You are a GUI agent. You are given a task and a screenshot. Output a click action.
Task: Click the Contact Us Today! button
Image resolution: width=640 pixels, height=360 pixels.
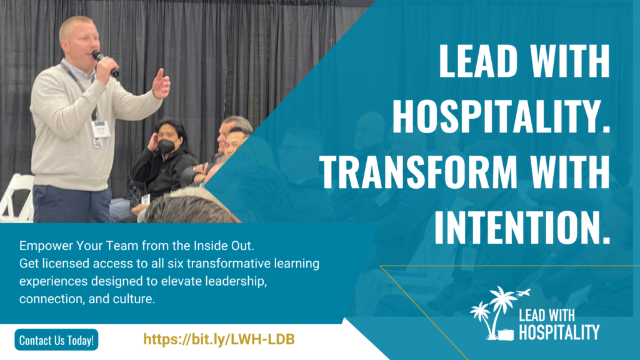(x=56, y=339)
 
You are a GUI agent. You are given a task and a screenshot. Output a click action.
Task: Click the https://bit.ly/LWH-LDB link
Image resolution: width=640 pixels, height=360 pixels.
(x=219, y=339)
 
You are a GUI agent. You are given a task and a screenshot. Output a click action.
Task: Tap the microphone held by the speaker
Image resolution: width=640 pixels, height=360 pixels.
(x=105, y=63)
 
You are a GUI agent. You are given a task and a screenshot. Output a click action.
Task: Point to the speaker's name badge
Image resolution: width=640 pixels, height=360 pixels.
(x=101, y=129)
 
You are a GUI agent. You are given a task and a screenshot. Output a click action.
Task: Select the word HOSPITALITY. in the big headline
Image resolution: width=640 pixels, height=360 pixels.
(x=501, y=117)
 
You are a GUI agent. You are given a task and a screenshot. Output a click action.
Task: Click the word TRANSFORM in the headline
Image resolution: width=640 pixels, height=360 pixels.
(x=418, y=172)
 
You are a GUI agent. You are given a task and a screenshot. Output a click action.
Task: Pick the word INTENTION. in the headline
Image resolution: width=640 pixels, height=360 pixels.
(x=522, y=227)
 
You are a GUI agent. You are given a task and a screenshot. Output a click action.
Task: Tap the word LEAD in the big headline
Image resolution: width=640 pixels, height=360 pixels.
(x=478, y=61)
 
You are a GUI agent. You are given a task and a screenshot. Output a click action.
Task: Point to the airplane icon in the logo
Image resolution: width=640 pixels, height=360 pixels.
(x=523, y=292)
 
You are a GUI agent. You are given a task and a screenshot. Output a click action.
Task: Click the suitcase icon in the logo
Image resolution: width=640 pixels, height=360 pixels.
(x=505, y=334)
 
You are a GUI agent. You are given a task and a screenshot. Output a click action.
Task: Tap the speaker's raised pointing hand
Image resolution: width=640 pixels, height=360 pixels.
(x=162, y=84)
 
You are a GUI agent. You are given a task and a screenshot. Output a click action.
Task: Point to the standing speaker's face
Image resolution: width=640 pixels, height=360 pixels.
(x=84, y=43)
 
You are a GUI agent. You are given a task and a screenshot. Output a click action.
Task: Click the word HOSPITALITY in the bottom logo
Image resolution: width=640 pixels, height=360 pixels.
(x=559, y=332)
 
